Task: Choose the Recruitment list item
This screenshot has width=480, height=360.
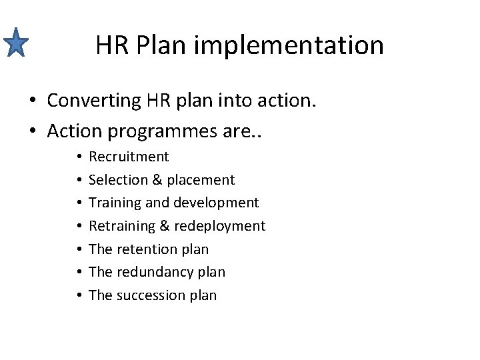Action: [129, 157]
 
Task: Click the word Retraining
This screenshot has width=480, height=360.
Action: [122, 226]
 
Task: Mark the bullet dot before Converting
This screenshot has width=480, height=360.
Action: [32, 101]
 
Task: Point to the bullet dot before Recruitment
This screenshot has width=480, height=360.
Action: [79, 157]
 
